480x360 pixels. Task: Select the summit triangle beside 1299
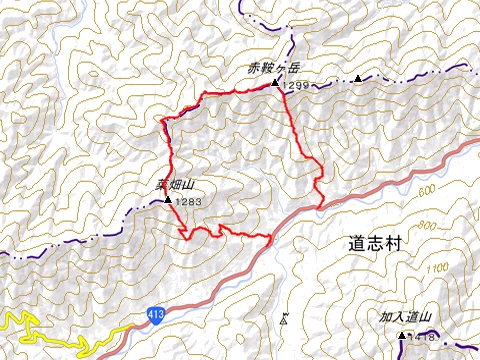pos(275,84)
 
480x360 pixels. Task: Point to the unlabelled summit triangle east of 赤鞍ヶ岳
pos(357,77)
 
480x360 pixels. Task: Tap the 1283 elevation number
pos(188,202)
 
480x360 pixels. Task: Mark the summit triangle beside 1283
pos(167,200)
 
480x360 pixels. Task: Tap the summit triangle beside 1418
pos(402,334)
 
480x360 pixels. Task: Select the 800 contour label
pos(457,226)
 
